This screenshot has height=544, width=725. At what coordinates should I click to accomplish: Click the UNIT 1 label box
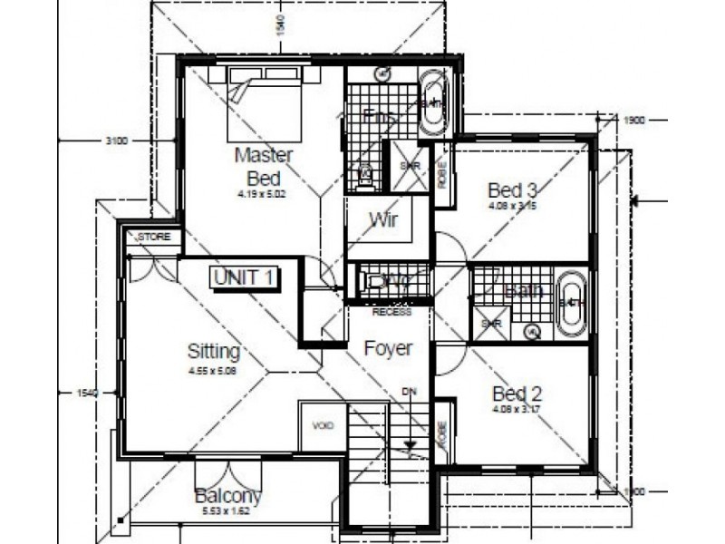[x=244, y=277]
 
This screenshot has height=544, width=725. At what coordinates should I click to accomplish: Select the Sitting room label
[x=213, y=351]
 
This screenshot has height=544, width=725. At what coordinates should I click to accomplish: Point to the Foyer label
[x=388, y=348]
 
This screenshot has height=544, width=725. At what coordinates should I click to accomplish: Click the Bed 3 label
[x=513, y=190]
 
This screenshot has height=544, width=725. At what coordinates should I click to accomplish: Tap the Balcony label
[x=228, y=496]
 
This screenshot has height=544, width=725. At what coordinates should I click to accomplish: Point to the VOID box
[x=323, y=425]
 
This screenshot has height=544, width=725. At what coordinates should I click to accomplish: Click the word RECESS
[x=391, y=311]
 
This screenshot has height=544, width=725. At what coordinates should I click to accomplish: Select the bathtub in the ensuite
[x=433, y=103]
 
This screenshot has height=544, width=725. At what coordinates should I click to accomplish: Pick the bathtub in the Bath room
[x=571, y=302]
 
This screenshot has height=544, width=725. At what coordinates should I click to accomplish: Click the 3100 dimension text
[x=116, y=140]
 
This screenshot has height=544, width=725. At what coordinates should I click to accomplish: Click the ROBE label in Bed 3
[x=441, y=173]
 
